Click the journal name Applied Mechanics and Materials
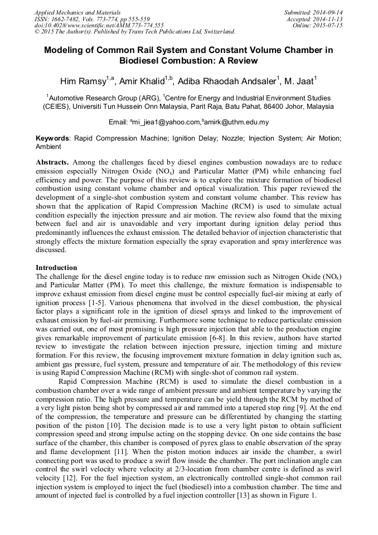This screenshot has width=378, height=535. pyautogui.click(x=77, y=12)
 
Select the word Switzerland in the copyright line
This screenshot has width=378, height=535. pyautogui.click(x=216, y=32)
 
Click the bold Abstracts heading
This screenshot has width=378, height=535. pyautogui.click(x=52, y=162)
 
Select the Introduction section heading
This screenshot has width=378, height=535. pyautogui.click(x=56, y=268)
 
